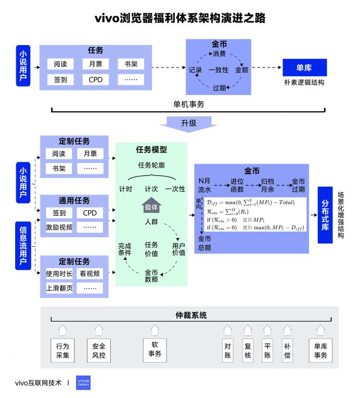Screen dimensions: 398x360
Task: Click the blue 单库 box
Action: (304, 68)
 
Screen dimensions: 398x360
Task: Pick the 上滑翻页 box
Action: (59, 288)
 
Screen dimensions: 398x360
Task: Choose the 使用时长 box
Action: (59, 274)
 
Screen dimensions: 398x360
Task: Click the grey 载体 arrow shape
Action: (151, 206)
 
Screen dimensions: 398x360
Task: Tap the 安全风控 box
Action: (98, 350)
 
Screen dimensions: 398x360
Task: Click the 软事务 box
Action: (155, 349)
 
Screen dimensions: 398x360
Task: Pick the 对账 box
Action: (228, 350)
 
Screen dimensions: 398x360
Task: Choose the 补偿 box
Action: (287, 350)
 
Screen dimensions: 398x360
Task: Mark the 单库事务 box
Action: (320, 350)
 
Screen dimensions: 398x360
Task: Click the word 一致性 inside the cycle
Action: (218, 70)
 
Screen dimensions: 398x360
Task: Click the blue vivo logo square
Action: (83, 383)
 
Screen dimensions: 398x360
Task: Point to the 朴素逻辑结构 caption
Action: (304, 82)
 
